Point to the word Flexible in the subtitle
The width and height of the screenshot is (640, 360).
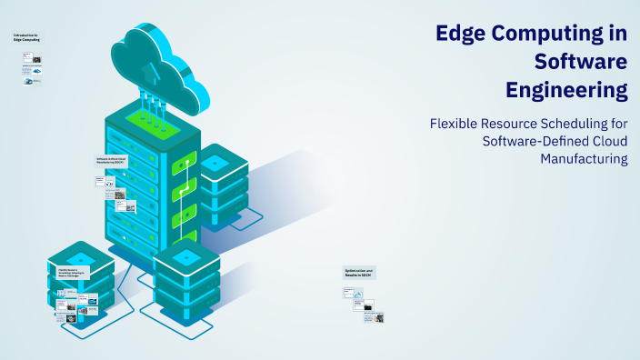(455, 123)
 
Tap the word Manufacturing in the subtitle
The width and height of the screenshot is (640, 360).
(584, 158)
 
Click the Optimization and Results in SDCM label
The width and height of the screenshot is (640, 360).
(358, 273)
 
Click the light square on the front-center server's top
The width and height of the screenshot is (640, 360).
(186, 257)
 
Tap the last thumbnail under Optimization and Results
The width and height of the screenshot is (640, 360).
(373, 317)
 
